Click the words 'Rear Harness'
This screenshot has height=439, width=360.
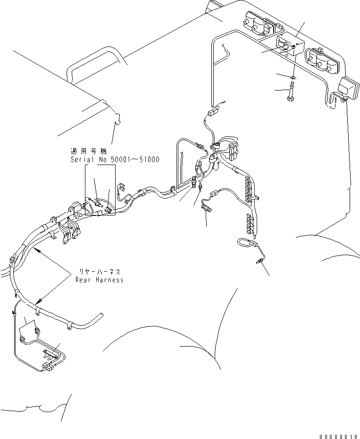coord(100,280)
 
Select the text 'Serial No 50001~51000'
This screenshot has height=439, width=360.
coord(115,160)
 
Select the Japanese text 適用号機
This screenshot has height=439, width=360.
coord(89,152)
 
